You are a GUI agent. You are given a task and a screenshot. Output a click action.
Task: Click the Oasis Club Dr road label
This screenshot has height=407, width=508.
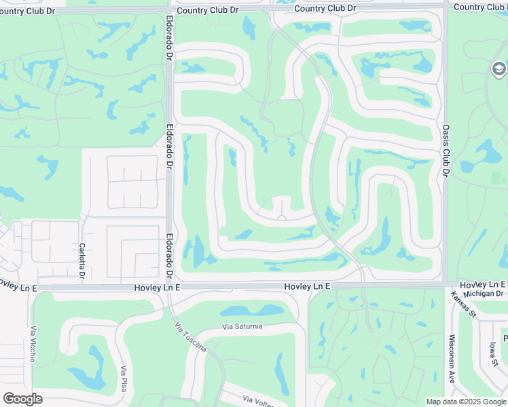coord(446,150)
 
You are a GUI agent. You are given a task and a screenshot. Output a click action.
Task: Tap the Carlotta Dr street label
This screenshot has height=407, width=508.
coord(81,261)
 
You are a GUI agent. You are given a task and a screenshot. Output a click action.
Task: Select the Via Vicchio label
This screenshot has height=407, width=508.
coord(33,344)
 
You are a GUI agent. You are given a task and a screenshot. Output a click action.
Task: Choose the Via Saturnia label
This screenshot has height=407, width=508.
coord(242,326)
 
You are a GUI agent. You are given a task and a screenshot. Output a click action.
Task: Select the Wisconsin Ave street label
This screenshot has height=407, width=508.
coord(452,359)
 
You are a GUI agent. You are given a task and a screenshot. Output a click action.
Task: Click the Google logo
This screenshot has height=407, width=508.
coord(22,399)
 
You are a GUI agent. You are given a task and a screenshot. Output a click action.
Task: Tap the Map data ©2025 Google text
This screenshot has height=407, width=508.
coord(465,402)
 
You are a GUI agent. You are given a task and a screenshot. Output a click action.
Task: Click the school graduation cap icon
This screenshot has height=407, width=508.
coord(498,69)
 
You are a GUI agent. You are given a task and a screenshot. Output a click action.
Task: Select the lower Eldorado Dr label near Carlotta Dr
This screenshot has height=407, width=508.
coord(168,256)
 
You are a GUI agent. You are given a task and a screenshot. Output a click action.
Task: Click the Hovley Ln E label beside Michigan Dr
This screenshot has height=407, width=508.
coord(483,284)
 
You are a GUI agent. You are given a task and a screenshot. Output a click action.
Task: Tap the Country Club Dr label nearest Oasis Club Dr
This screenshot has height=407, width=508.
coord(479,7)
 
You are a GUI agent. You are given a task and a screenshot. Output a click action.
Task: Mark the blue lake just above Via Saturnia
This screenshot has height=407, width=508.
coord(261,311)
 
